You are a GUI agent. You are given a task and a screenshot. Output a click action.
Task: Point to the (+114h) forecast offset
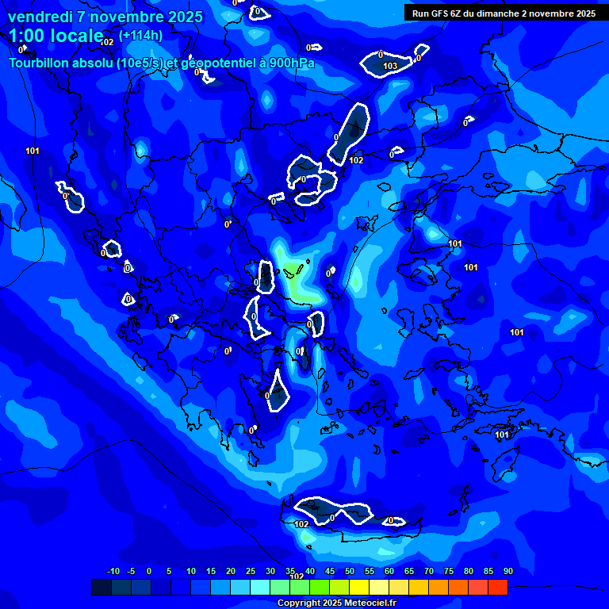(x=141, y=35)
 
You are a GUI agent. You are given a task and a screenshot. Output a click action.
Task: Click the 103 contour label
(x=390, y=66)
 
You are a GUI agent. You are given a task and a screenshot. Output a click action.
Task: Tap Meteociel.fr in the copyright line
(x=370, y=603)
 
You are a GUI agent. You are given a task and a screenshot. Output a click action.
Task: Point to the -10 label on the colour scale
(x=113, y=571)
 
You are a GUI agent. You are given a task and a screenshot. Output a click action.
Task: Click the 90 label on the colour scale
(x=507, y=571)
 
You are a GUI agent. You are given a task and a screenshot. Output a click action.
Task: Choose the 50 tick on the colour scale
(x=350, y=571)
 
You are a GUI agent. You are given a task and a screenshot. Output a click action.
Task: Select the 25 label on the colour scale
(x=251, y=571)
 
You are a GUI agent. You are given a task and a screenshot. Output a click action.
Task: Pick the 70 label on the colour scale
(x=429, y=571)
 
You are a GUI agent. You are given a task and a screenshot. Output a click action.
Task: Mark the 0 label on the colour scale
(x=149, y=571)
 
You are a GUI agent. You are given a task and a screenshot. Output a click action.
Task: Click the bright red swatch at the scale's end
(x=497, y=588)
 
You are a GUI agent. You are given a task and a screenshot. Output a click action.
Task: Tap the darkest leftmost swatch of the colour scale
(x=101, y=588)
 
